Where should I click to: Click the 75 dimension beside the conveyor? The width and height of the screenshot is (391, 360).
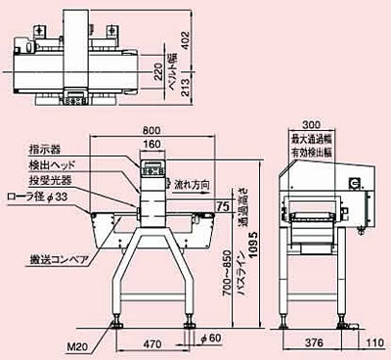click(223, 206)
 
